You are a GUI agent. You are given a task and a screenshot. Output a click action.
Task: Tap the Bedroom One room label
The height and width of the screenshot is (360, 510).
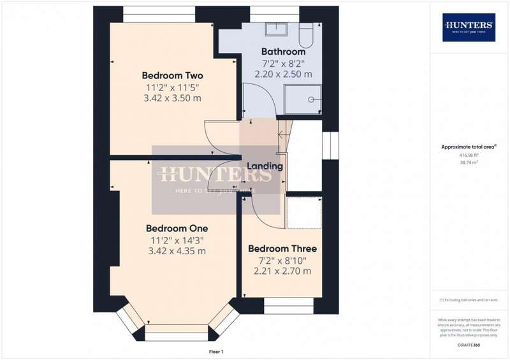[x=177, y=228]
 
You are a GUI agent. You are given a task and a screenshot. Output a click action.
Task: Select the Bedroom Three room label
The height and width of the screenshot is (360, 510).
[x=282, y=248]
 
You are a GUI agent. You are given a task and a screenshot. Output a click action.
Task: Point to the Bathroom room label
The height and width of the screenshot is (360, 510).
[x=283, y=51]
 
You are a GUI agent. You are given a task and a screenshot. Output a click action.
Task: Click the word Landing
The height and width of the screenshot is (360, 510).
[x=265, y=166]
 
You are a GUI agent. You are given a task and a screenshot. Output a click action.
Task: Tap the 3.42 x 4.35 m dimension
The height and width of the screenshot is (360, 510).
[x=177, y=251]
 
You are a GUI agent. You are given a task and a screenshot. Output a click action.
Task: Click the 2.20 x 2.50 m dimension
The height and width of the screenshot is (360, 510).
[x=284, y=74]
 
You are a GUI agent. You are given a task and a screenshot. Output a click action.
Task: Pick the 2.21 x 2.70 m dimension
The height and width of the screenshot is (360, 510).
[x=282, y=271]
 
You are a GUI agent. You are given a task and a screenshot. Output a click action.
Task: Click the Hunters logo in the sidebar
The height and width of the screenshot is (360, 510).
[x=469, y=27]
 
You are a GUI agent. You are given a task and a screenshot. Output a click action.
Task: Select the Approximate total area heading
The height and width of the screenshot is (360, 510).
[x=469, y=147]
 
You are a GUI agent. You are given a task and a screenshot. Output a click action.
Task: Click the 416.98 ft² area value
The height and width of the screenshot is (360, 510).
[x=469, y=155]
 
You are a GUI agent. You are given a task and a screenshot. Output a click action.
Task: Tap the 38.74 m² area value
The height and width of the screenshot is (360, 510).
[x=469, y=162]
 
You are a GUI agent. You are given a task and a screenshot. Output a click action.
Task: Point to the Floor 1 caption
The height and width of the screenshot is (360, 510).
[x=216, y=351]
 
